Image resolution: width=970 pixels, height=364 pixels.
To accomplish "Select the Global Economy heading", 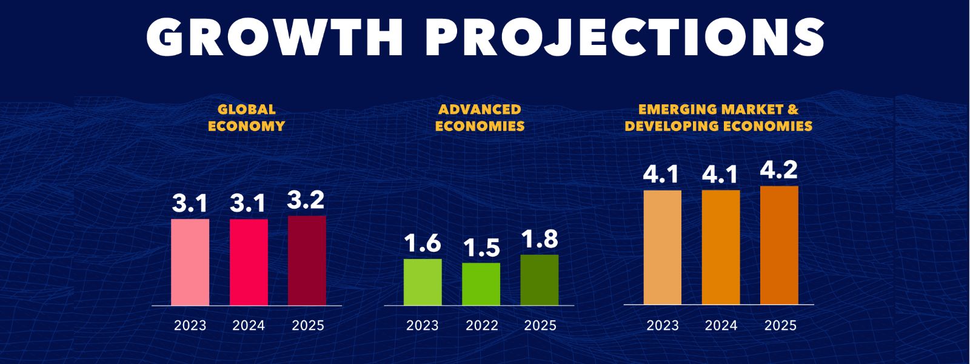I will coord(246,118).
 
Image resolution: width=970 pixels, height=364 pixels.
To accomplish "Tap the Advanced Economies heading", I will coord(480,118).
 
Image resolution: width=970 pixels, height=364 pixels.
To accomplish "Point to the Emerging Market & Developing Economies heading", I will coord(718,118).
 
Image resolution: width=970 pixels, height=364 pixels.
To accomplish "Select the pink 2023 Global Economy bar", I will coord(190,262).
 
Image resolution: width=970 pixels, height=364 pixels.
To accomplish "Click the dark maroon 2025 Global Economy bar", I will coord(307,261).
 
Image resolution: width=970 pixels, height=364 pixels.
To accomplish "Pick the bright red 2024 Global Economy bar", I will coord(249,262).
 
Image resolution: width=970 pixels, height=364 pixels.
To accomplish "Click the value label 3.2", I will coord(306,200).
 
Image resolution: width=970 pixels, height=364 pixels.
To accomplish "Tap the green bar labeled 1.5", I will coord(481,284).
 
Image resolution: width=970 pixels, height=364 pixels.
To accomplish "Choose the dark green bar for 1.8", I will coord(539,280).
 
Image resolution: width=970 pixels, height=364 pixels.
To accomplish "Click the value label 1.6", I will coord(423,243).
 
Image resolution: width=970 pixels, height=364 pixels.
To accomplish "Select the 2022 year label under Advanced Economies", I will coord(481,326).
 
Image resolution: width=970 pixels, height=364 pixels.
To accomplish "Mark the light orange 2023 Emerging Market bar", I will coord(662,248).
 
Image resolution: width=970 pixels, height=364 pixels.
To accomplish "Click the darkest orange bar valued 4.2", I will coord(779,245).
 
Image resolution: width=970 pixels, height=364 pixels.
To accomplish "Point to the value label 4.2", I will coord(779,170).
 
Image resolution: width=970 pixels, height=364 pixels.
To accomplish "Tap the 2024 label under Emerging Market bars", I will coord(721,326).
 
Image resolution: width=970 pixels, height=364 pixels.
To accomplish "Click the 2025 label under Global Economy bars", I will coord(307,326).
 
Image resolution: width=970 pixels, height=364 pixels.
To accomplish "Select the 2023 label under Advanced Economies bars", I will coord(423,326).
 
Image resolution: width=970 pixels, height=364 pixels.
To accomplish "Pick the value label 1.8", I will coord(539,240).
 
